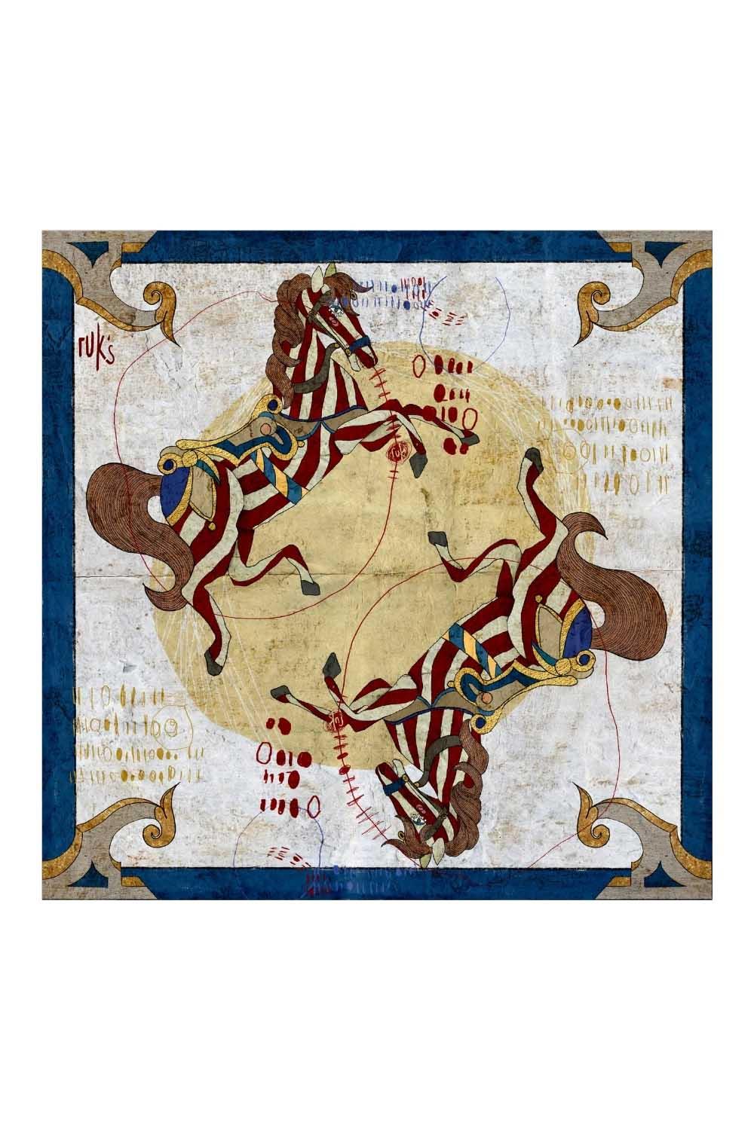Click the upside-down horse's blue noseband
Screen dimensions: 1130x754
click(391, 786)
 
